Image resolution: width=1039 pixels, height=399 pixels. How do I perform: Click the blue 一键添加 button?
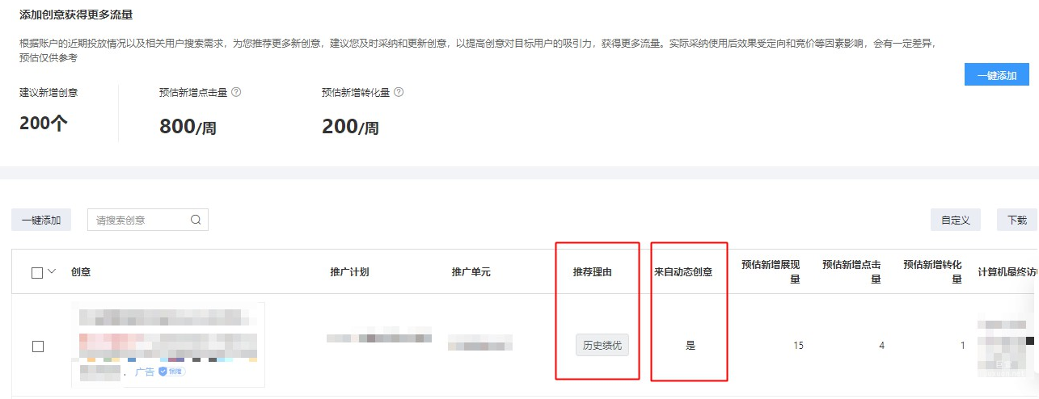pyautogui.click(x=996, y=75)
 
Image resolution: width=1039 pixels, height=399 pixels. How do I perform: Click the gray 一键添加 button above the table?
pyautogui.click(x=41, y=220)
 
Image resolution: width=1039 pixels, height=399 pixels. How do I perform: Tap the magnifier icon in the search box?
pyautogui.click(x=196, y=220)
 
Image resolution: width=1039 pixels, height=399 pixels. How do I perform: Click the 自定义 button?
pyautogui.click(x=955, y=220)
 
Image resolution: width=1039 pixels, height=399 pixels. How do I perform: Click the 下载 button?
pyautogui.click(x=1016, y=220)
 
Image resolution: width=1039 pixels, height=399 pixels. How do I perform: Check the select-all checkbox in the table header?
pyautogui.click(x=37, y=273)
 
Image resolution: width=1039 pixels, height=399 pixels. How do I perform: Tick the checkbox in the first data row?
pyautogui.click(x=37, y=346)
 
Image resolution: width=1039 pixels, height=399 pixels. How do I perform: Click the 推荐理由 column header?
pyautogui.click(x=593, y=272)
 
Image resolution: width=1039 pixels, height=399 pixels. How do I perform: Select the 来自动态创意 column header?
pyautogui.click(x=683, y=272)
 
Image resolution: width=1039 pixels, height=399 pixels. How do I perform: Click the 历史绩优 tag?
pyautogui.click(x=602, y=345)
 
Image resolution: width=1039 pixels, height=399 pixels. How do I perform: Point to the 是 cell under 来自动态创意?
pyautogui.click(x=691, y=346)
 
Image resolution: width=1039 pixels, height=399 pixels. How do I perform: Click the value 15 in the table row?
pyautogui.click(x=798, y=346)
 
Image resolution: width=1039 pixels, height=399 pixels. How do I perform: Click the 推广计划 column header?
pyautogui.click(x=349, y=272)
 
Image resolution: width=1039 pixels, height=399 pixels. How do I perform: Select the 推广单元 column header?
pyautogui.click(x=471, y=272)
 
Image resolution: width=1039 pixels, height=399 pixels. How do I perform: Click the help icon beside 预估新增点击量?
pyautogui.click(x=236, y=92)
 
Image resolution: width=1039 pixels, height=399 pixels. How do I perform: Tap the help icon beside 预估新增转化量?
pyautogui.click(x=399, y=92)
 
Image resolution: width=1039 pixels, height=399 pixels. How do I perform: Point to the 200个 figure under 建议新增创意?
pyautogui.click(x=43, y=124)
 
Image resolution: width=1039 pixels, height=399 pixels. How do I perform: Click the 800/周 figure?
pyautogui.click(x=188, y=127)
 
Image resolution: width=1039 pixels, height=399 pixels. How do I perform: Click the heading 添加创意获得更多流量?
pyautogui.click(x=76, y=15)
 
